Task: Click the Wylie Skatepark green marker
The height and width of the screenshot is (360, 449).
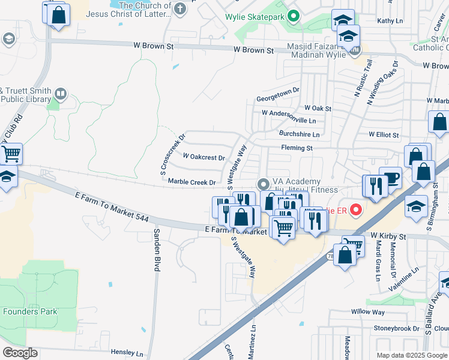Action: (294, 16)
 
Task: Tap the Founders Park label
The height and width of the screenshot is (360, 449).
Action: (30, 311)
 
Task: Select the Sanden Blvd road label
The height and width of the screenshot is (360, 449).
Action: (156, 250)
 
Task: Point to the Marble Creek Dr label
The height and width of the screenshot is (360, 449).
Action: (191, 182)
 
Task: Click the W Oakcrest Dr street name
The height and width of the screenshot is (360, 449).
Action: (203, 157)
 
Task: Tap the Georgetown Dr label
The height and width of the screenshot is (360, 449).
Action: (277, 91)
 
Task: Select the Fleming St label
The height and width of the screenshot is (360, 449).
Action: (297, 148)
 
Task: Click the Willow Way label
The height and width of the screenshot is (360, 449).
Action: (368, 312)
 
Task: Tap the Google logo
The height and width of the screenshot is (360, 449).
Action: (20, 353)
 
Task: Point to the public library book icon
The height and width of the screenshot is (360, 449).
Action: (60, 94)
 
